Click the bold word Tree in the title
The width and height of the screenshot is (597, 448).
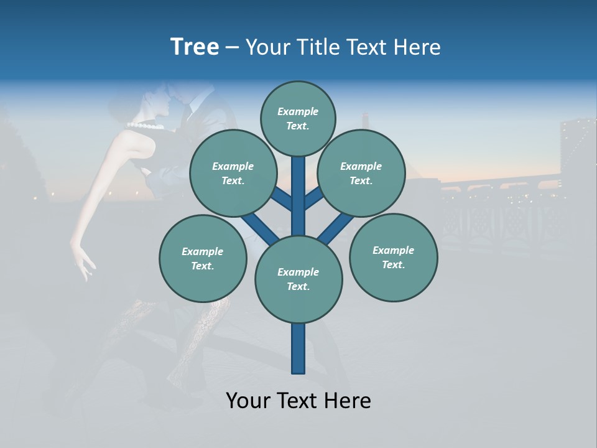[195, 47]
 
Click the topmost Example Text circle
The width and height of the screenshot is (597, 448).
[298, 118]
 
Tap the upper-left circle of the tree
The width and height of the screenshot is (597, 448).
[233, 173]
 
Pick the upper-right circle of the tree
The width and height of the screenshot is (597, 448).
[361, 173]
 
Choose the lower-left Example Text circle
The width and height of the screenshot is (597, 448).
[202, 258]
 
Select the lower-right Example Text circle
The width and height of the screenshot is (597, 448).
[393, 257]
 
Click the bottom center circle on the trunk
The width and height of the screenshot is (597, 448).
[298, 279]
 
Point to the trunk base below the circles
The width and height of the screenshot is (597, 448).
[298, 348]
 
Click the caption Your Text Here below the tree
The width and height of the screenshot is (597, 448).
[298, 401]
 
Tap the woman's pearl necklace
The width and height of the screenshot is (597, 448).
[147, 126]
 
